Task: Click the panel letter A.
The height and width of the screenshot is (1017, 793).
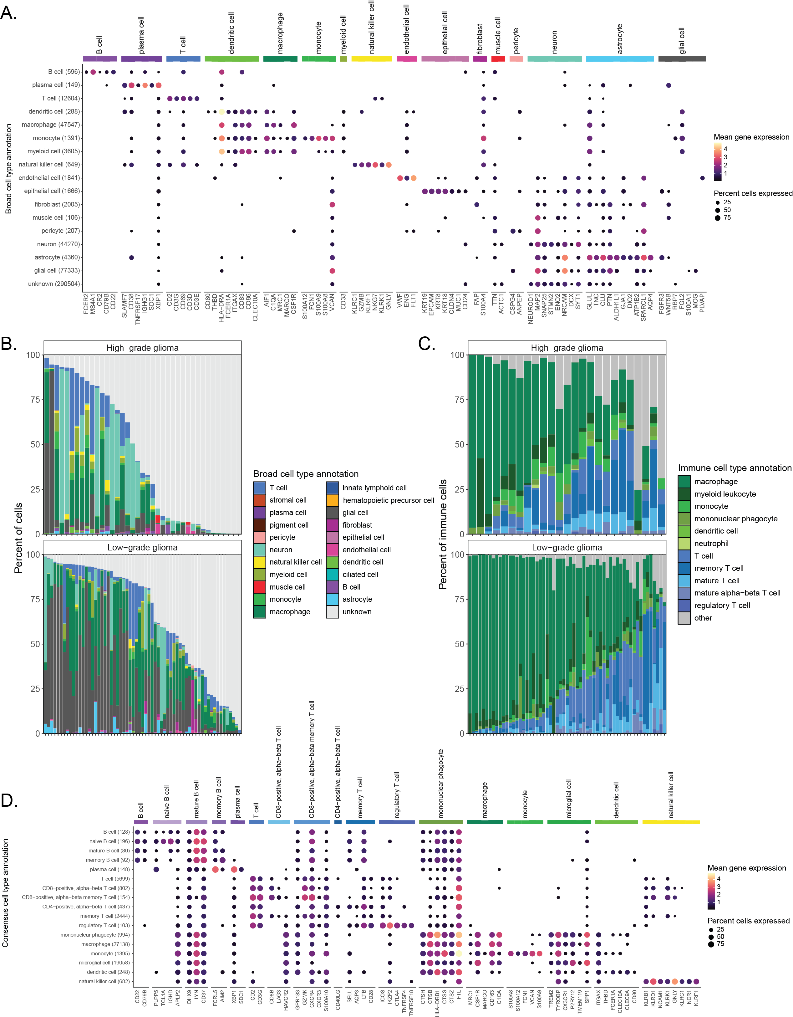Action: point(8,13)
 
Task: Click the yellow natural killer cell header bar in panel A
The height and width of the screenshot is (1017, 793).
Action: point(371,59)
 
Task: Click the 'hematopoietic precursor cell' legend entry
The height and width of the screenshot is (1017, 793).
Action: point(388,500)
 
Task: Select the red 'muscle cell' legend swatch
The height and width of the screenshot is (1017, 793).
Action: point(259,587)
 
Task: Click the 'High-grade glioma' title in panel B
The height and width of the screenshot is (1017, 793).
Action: point(142,348)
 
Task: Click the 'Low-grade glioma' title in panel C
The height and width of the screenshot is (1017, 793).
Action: point(567,547)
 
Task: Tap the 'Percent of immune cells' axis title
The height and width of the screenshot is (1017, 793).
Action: point(443,534)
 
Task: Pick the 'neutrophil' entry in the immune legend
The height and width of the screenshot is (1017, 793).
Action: point(711,544)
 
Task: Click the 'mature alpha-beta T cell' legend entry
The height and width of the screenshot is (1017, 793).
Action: point(737,593)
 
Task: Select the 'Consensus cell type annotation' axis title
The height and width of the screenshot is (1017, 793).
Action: point(6,893)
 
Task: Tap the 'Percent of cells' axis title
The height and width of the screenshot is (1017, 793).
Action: point(18,538)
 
